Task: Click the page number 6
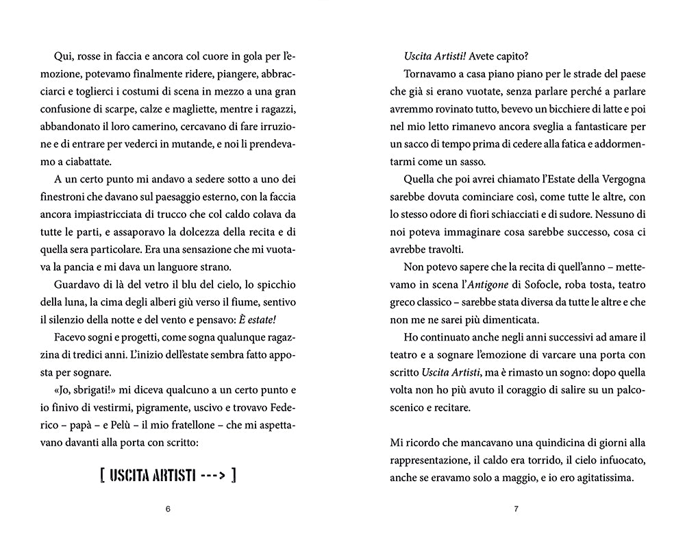[168, 509]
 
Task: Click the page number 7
[516, 509]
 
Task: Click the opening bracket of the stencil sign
[102, 475]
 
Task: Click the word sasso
[484, 161]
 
